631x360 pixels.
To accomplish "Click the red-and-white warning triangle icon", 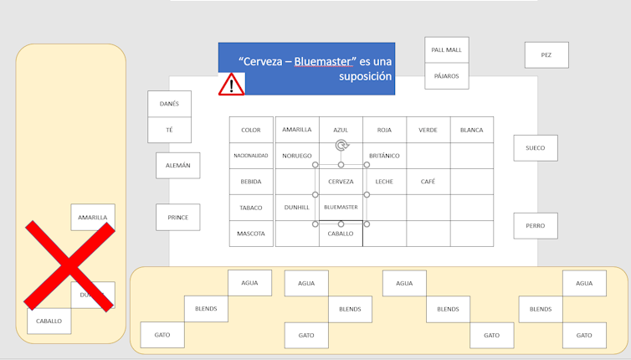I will [x=232, y=84].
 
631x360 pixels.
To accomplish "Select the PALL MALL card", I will [x=446, y=49].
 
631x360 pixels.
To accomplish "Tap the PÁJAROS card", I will [x=446, y=75].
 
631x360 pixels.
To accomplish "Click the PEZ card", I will [x=546, y=55].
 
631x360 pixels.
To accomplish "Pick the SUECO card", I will [x=536, y=148].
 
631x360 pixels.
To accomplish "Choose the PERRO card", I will [x=536, y=225].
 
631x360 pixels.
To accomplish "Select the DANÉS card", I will [x=169, y=104].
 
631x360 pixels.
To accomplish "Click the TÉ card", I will [x=169, y=130].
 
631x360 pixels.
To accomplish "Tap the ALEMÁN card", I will [x=178, y=166].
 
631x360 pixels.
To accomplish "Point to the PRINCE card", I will [x=178, y=218].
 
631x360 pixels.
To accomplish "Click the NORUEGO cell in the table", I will [x=297, y=156].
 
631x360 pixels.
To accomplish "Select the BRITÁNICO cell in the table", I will [x=384, y=156].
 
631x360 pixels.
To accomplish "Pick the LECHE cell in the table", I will [x=384, y=182].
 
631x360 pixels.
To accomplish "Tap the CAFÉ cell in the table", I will [x=428, y=182].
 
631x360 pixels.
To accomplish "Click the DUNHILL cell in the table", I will [x=297, y=208].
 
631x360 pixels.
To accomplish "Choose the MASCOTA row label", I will [x=251, y=234].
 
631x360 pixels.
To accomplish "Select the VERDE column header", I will [x=428, y=130].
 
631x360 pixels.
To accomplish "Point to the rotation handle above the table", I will [x=341, y=146].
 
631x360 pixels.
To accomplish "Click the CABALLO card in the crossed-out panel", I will [x=49, y=321].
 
